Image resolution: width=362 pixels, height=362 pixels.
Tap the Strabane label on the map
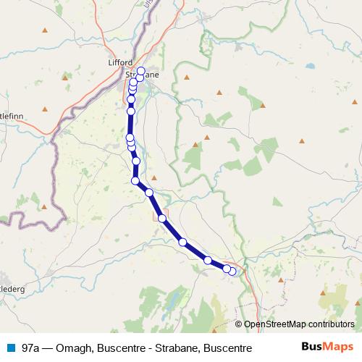[142, 75]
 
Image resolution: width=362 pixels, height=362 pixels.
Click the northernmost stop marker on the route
[141, 71]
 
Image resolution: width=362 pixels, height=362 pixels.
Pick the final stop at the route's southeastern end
[232, 271]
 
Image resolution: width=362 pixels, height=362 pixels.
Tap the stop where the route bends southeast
[135, 180]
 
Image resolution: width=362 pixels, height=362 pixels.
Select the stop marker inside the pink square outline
[227, 269]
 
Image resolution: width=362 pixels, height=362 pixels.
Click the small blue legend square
[11, 348]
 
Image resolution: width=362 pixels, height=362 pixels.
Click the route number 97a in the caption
[31, 348]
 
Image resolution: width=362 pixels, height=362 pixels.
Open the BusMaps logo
[327, 348]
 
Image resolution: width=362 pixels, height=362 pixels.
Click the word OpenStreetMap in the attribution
[276, 324]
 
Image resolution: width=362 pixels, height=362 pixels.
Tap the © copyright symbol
[239, 324]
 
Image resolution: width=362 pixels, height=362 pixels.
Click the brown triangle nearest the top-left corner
[45, 30]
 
